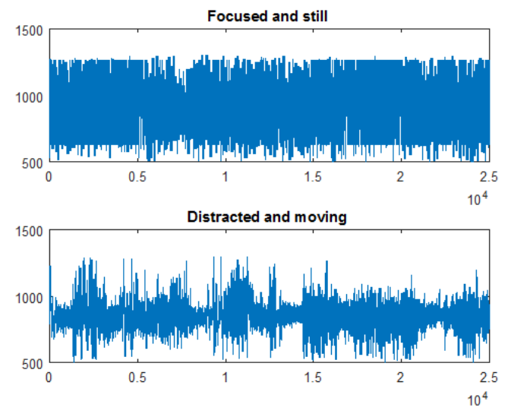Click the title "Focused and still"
pyautogui.click(x=269, y=16)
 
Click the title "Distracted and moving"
pyautogui.click(x=267, y=217)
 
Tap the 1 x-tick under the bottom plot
pyautogui.click(x=225, y=377)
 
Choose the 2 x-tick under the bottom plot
pyautogui.click(x=400, y=377)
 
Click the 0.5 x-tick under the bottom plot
pyautogui.click(x=137, y=377)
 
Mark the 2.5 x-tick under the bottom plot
pyautogui.click(x=488, y=377)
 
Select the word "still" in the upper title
pyautogui.click(x=314, y=16)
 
